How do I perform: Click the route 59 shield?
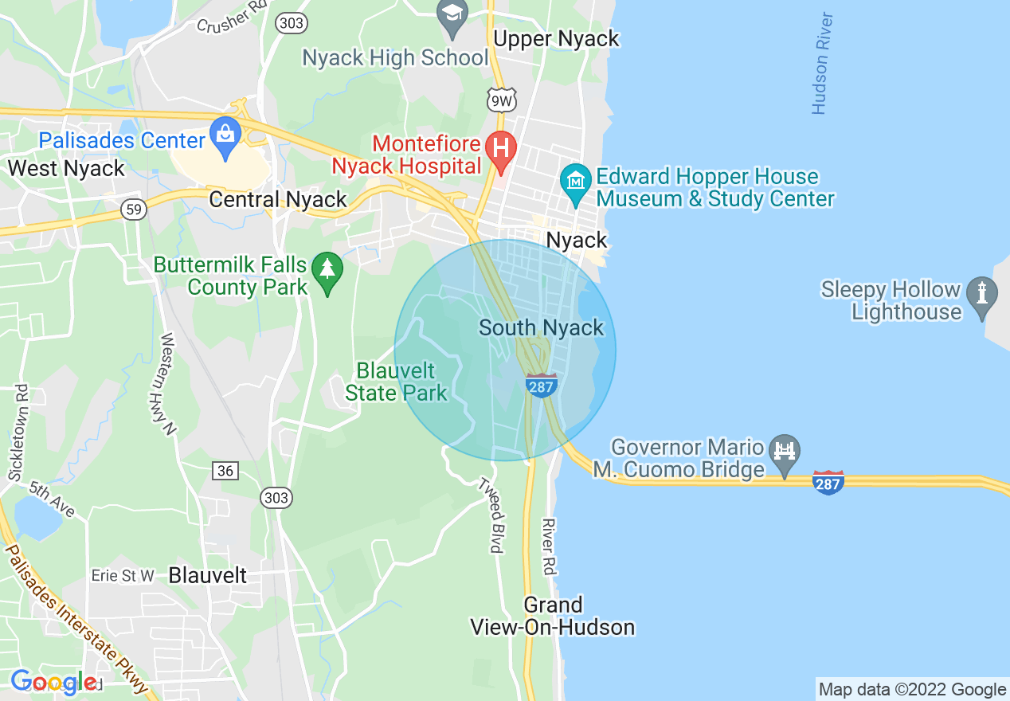pyautogui.click(x=134, y=210)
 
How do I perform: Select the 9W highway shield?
pyautogui.click(x=502, y=100)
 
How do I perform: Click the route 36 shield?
pyautogui.click(x=225, y=471)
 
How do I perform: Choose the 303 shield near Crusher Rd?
pyautogui.click(x=292, y=23)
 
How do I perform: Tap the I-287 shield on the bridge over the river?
pyautogui.click(x=828, y=481)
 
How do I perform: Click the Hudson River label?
pyautogui.click(x=822, y=64)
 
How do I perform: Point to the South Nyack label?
pyautogui.click(x=542, y=327)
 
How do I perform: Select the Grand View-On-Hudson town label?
pyautogui.click(x=553, y=616)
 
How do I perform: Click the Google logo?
pyautogui.click(x=54, y=682)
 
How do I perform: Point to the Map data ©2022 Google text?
pyautogui.click(x=913, y=690)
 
